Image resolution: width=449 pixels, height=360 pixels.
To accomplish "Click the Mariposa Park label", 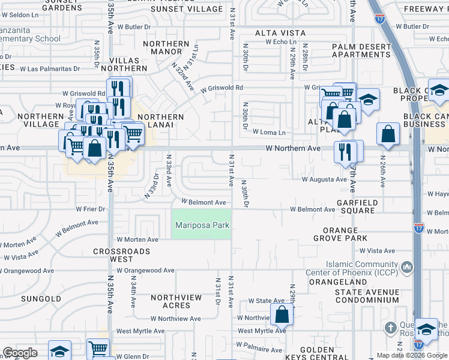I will [x=202, y=226].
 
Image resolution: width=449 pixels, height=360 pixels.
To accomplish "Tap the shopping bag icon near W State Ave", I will [x=281, y=313].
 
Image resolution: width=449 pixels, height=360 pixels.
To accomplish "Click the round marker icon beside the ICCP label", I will [x=408, y=266].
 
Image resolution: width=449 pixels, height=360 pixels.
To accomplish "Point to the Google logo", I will [x=19, y=353].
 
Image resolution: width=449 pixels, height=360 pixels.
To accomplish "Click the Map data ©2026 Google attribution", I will [x=412, y=355].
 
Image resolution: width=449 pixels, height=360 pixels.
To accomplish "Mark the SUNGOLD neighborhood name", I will [x=41, y=298].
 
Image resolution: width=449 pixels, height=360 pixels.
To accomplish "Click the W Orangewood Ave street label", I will [x=146, y=271].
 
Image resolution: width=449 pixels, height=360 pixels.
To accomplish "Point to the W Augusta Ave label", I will [x=324, y=179].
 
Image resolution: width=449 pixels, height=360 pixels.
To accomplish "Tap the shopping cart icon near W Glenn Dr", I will [x=98, y=349].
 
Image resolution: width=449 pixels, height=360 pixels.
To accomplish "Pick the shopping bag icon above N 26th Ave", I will [x=388, y=134].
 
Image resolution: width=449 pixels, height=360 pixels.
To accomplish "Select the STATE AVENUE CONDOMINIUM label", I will [x=367, y=296].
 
